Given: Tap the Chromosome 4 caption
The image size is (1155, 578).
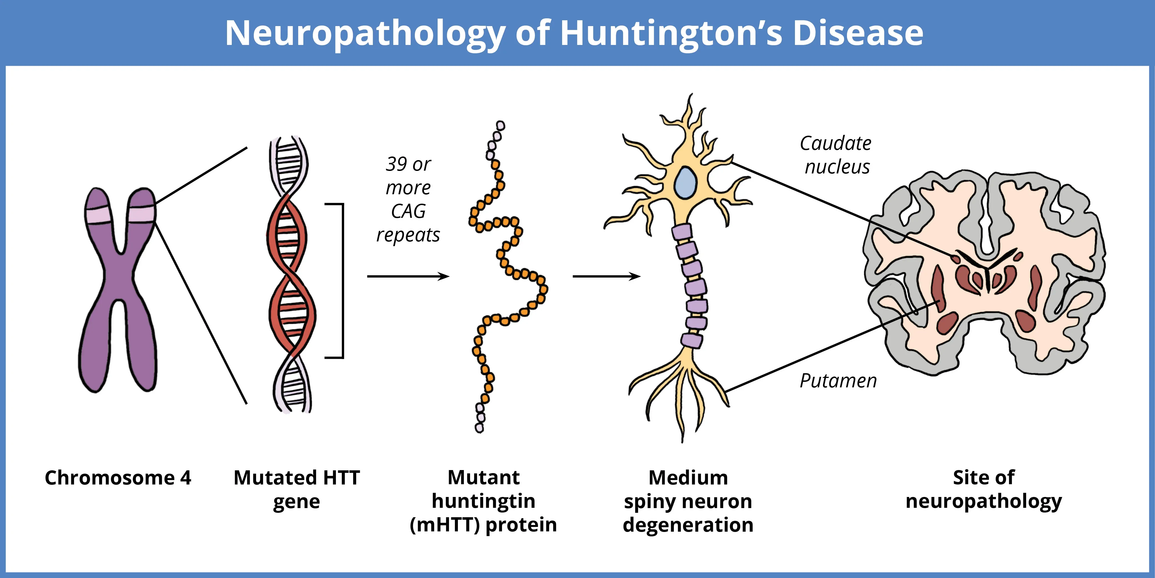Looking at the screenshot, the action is click(118, 478).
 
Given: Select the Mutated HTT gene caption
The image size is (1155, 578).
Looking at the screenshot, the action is click(297, 489).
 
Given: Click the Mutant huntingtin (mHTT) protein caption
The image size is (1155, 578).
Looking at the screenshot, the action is click(483, 501).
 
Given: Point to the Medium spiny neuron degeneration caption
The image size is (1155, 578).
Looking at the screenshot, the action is click(688, 501).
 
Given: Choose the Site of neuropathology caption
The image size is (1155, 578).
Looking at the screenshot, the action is click(984, 489).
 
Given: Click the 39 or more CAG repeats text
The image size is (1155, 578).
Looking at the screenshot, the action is click(408, 199).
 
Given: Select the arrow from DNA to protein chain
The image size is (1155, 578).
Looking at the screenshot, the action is click(408, 276).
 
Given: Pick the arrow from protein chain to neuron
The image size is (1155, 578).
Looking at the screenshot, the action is click(607, 276).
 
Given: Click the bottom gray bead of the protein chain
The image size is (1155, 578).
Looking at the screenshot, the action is click(479, 428).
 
